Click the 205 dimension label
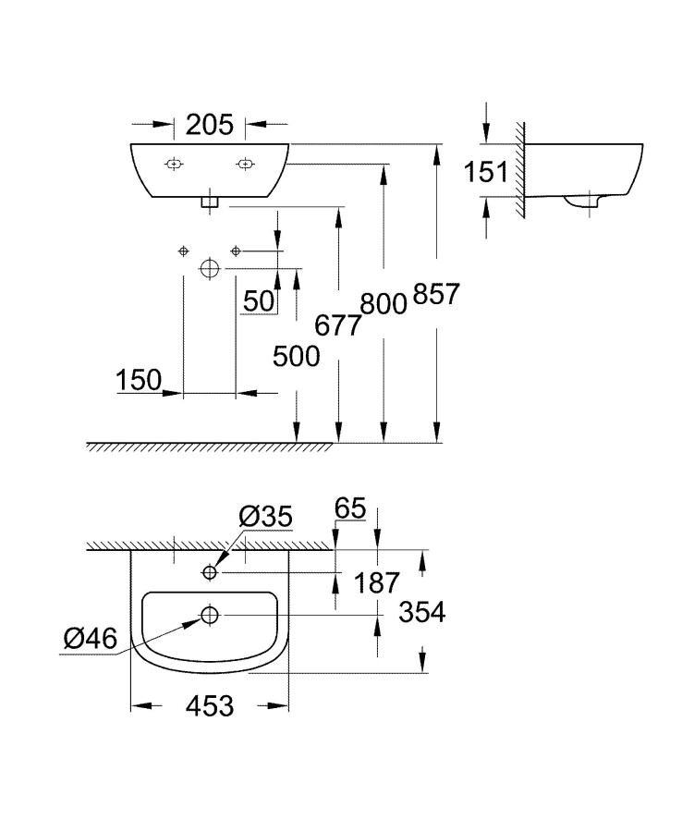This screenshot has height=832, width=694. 210,124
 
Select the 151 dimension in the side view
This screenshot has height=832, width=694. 486,171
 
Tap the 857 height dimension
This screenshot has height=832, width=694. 436,296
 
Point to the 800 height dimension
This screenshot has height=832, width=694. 384,303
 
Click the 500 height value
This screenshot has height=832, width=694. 296,356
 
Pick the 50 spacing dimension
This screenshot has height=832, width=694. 258,300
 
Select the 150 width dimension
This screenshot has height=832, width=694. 139,379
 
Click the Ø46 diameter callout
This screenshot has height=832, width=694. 91,637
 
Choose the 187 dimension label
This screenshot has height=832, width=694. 376,582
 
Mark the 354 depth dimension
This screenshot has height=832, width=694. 420,612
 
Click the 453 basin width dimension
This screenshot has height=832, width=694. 208,706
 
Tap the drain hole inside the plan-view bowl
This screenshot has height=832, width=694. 210,615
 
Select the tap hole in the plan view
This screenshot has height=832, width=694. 210,573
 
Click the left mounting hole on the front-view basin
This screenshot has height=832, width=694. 173,165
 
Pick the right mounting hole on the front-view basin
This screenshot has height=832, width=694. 245,165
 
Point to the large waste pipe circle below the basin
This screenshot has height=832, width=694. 210,268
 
